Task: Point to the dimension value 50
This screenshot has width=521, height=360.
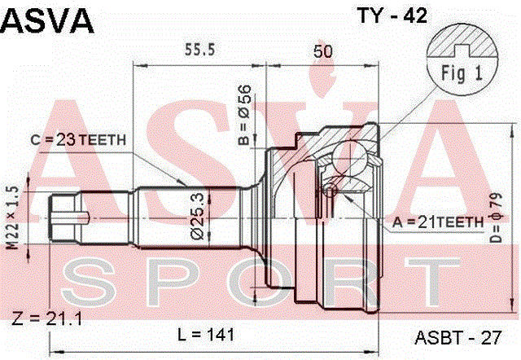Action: [x=322, y=50]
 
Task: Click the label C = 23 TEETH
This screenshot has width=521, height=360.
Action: [x=79, y=140]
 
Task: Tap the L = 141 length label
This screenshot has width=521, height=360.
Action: [x=206, y=333]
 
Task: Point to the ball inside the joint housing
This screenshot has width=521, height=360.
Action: [x=352, y=156]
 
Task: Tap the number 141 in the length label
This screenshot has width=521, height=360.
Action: [x=220, y=333]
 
